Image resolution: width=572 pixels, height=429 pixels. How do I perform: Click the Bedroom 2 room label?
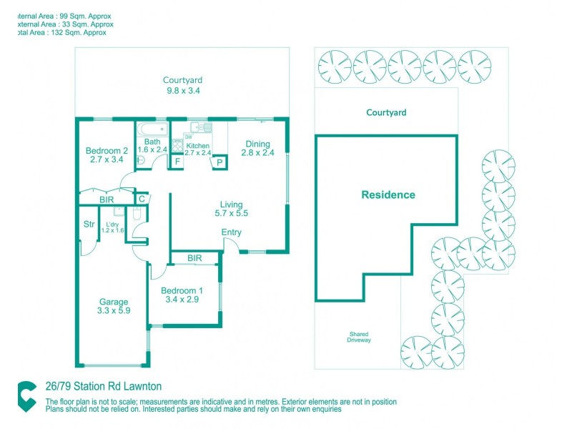pos(107,150)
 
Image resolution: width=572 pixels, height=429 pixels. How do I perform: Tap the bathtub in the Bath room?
pos(152,129)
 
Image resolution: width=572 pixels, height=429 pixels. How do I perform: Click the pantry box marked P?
pos(219,162)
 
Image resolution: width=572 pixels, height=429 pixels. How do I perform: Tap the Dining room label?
pos(258,143)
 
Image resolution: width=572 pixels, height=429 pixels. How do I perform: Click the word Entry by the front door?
pos(232,232)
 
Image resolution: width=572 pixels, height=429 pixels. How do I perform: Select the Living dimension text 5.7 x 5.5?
pos(232,213)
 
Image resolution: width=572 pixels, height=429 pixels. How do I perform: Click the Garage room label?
pos(114,302)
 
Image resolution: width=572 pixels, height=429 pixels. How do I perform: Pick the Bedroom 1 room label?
pos(182,290)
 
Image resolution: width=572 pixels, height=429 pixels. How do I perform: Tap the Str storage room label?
pos(89,225)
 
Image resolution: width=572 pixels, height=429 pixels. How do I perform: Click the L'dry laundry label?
pos(113,225)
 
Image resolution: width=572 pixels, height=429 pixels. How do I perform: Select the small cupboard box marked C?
pos(142,199)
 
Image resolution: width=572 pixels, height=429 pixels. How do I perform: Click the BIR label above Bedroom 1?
pos(194,257)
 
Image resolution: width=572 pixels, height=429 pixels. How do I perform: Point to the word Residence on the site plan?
pos(388,194)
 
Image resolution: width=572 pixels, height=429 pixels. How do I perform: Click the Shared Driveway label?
pos(360,337)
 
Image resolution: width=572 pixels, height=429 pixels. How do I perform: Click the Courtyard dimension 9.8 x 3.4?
pos(183,91)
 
